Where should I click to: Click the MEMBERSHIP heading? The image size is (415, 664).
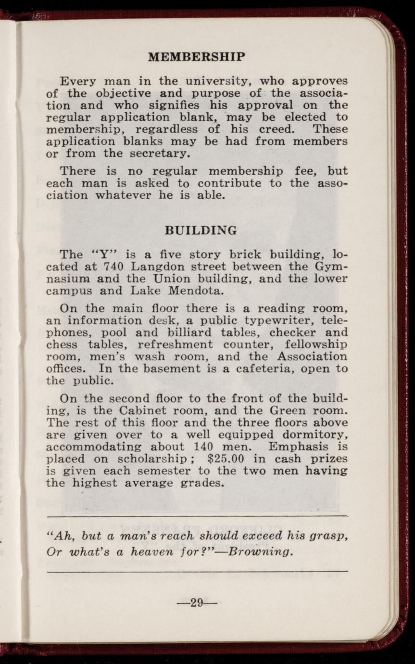tap(196, 57)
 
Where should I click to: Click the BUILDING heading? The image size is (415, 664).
tap(201, 230)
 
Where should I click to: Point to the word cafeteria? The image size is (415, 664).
tap(247, 369)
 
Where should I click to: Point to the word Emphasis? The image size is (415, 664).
tap(304, 447)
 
